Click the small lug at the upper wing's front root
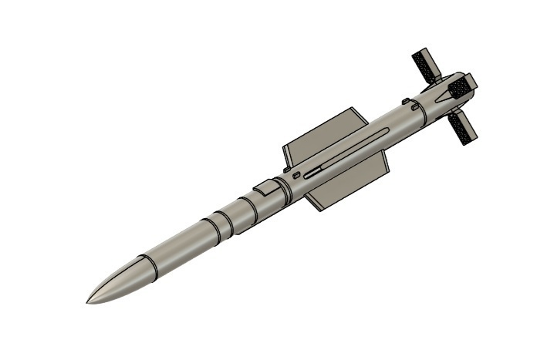coord(286,168)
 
